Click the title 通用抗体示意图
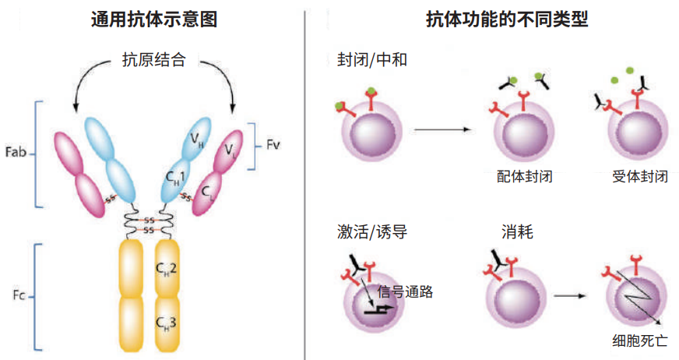click(x=152, y=19)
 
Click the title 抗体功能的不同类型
click(x=495, y=19)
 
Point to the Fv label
click(x=273, y=145)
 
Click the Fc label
click(x=18, y=296)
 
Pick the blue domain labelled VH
click(x=197, y=139)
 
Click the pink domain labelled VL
click(x=233, y=149)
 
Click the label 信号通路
click(x=404, y=292)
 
